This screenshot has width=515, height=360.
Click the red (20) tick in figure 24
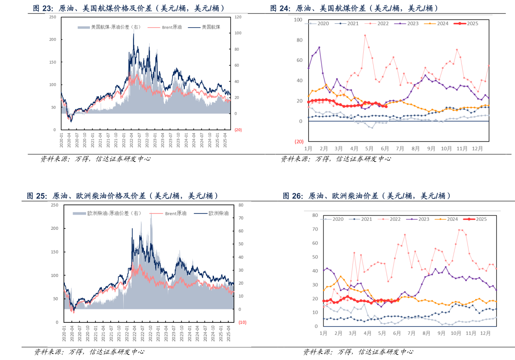tap(298, 141)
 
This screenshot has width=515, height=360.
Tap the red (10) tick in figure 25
tap(242, 322)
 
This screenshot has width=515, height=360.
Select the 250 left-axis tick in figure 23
tap(52, 17)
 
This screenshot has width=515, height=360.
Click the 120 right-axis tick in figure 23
tap(238, 17)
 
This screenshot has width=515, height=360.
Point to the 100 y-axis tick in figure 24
tap(297, 20)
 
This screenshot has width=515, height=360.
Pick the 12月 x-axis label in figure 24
tap(477, 148)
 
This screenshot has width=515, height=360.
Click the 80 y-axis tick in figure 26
tap(315, 215)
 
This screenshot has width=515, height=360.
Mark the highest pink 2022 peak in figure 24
tap(365, 35)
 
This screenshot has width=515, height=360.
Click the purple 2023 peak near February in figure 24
tap(319, 47)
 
